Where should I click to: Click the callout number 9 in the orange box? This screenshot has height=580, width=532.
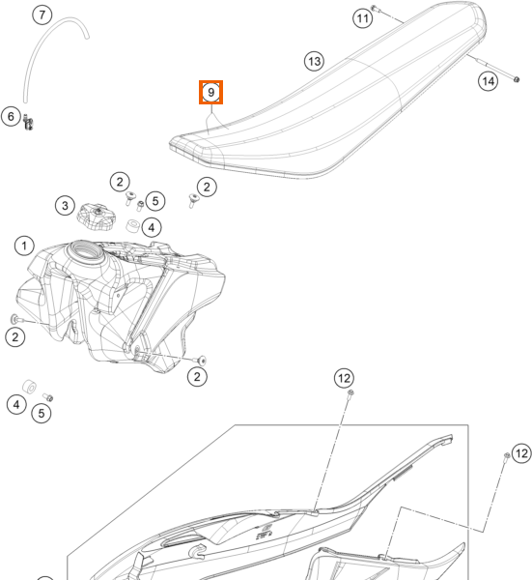pos(210,92)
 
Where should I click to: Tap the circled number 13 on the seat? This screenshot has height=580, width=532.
pos(314,62)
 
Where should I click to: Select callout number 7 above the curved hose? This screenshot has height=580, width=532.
pos(42,14)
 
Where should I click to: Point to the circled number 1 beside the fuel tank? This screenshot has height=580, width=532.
pos(24,246)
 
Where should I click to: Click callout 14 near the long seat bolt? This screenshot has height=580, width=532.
pos(488,81)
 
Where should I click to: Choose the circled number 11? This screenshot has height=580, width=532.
pos(363,18)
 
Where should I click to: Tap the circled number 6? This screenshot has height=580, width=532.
pos(11,116)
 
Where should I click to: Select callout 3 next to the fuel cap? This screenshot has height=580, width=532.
pos(65,206)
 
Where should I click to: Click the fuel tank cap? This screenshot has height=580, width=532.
pos(96,217)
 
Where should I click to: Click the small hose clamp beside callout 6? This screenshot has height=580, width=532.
pos(28,122)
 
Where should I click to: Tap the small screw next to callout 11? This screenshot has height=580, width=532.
pos(374,8)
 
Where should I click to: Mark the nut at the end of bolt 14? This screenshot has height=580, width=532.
pos(517,79)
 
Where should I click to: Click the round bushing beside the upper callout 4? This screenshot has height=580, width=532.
pos(132,225)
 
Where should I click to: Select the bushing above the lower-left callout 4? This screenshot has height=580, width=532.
pos(29,387)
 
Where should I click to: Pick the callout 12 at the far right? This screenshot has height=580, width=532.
pos(521,453)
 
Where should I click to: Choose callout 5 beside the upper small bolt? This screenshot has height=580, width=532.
pos(155,201)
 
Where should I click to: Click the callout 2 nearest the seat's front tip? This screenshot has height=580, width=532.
pos(207,187)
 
